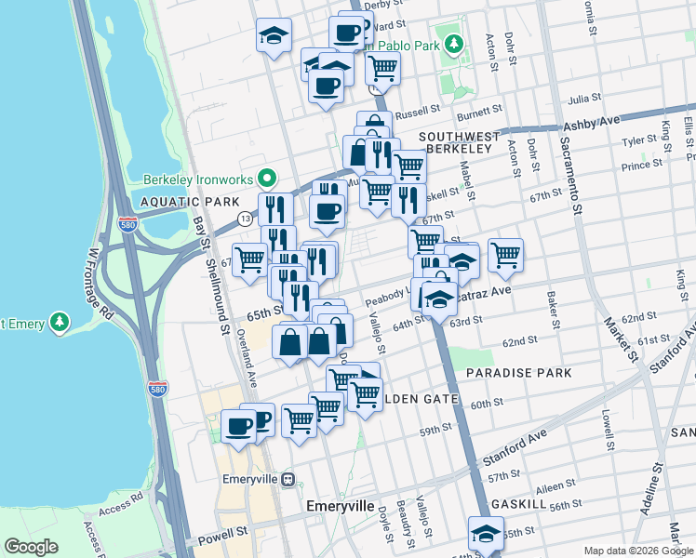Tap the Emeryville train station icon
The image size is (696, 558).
[288, 481]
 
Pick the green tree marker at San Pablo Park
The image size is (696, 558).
[453, 44]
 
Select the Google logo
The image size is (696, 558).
[32, 547]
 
